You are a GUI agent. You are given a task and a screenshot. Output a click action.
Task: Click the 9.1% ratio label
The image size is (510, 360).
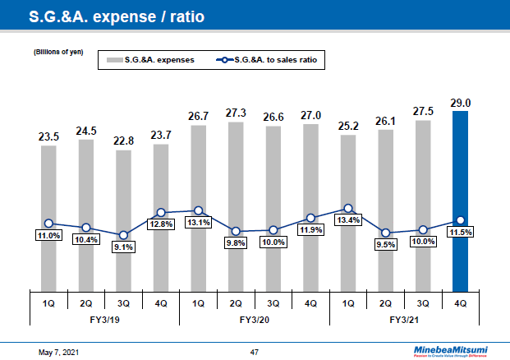tap(123, 247)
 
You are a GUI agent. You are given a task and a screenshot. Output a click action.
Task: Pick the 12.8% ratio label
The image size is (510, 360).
tap(161, 224)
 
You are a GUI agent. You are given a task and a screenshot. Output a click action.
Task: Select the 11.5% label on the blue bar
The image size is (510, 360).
tap(461, 233)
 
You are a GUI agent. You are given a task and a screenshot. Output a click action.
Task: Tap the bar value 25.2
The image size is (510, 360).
tap(348, 127)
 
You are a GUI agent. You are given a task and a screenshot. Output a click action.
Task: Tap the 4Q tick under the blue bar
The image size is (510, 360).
tap(461, 302)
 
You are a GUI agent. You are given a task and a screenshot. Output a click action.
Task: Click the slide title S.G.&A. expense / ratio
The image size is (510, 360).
tap(117, 16)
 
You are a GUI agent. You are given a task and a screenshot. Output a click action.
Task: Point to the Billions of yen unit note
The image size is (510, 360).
tap(58, 53)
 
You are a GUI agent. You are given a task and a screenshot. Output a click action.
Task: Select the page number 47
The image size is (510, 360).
tap(255, 352)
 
